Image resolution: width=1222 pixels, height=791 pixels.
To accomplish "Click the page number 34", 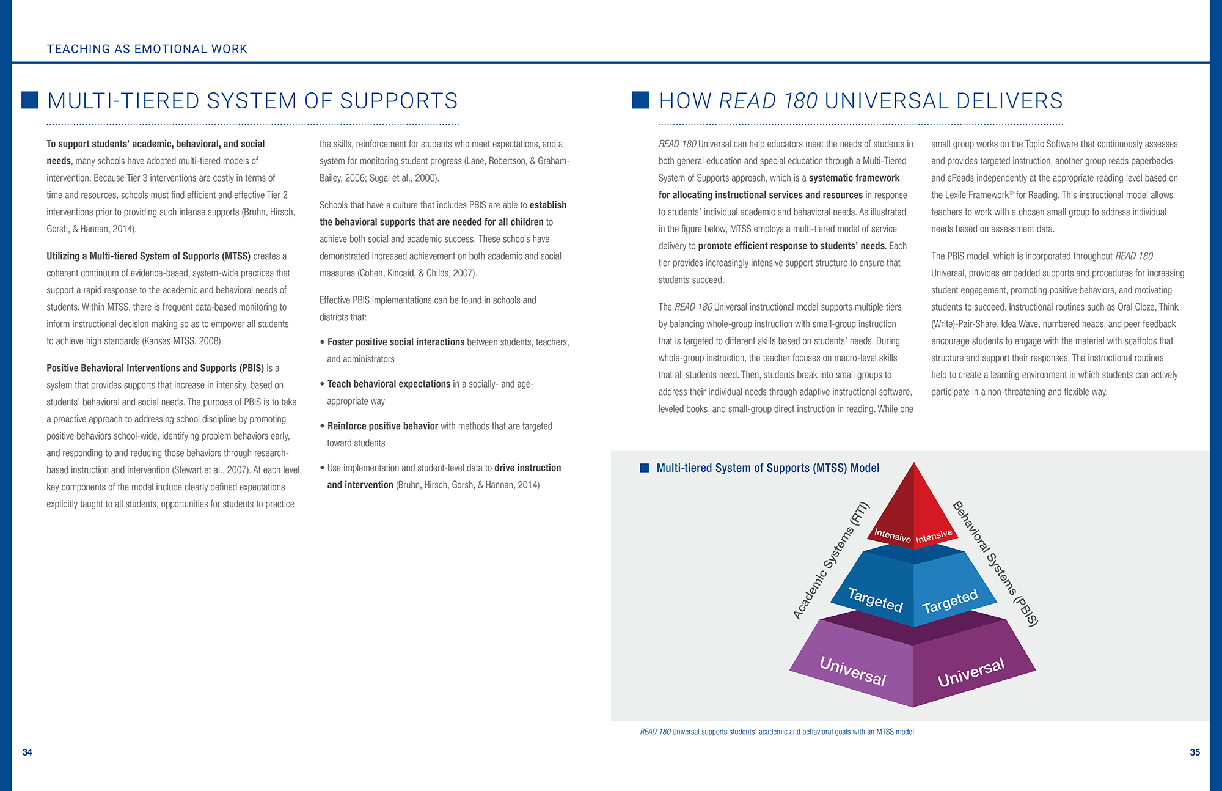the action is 27,752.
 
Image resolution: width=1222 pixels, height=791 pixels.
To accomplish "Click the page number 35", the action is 1195,752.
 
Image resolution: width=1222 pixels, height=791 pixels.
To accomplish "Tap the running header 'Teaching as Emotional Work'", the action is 147,49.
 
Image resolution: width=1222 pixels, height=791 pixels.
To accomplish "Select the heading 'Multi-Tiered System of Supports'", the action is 252,101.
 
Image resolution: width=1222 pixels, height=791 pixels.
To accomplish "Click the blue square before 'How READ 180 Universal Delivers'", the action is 640,100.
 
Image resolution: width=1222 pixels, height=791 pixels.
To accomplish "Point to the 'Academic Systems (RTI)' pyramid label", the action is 831,561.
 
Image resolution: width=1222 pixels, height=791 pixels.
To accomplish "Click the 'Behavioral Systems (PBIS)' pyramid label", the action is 995,563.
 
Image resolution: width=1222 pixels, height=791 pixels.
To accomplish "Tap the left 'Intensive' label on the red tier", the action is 892,535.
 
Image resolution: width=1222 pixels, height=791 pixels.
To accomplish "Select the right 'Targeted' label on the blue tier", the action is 950,602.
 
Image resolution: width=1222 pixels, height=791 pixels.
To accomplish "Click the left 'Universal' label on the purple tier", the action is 853,671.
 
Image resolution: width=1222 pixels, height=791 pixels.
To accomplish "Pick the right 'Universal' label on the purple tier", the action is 971,673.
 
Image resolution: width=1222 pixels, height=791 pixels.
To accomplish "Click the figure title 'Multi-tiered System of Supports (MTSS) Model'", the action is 768,468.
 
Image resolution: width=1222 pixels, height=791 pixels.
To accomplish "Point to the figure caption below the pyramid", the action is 778,732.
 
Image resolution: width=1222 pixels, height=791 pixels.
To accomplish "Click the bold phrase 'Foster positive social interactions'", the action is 396,342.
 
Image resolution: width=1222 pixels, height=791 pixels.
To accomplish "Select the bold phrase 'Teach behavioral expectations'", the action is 389,384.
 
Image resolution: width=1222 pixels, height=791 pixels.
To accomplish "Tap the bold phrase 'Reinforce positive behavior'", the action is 382,426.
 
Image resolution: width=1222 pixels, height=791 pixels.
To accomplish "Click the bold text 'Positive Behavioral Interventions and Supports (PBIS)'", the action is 155,368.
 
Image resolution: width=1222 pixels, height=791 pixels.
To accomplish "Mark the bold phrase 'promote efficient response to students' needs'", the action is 791,246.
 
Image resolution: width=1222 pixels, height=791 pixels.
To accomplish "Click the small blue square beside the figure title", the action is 644,468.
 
